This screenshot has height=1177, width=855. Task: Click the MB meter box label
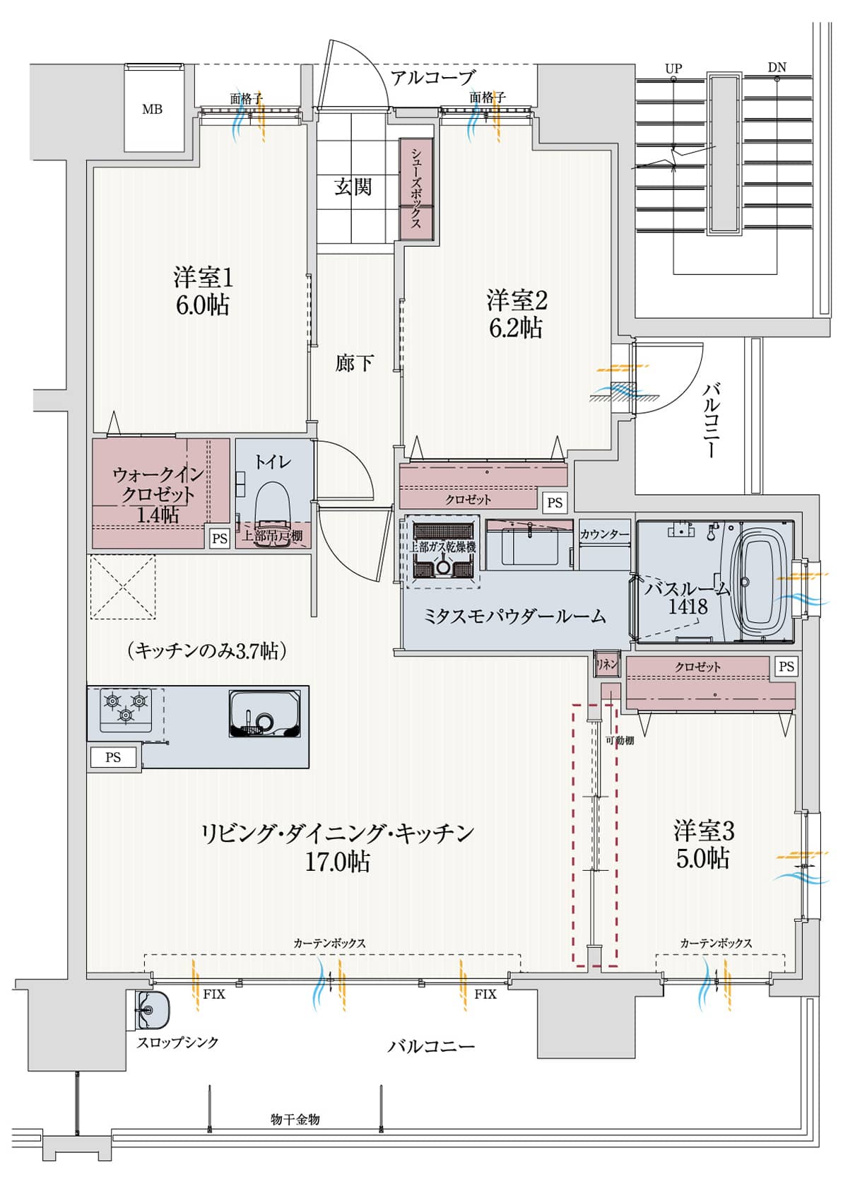pos(152,109)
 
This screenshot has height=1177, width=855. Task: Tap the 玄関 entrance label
pos(353,187)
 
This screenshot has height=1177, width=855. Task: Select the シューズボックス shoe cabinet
pos(416,188)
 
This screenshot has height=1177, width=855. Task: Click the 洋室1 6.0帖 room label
pos(203,291)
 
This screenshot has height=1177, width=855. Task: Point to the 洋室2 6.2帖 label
pos(517,314)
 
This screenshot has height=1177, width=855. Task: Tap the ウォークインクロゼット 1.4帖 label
pos(158,494)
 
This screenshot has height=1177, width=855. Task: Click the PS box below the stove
pos(113,757)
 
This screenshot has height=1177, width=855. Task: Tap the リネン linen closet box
pos(606,664)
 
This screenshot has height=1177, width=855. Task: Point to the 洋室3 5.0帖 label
pos(703,843)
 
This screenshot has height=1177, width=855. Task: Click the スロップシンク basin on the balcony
pos(151,1009)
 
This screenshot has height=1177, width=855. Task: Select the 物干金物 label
pos(295,1119)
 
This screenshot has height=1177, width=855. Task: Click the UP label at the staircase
pos(673,69)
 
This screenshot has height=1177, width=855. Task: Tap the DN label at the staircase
pos(777,68)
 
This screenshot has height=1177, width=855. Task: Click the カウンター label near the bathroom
pos(604,534)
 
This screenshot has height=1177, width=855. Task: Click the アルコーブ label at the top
pos(432,77)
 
